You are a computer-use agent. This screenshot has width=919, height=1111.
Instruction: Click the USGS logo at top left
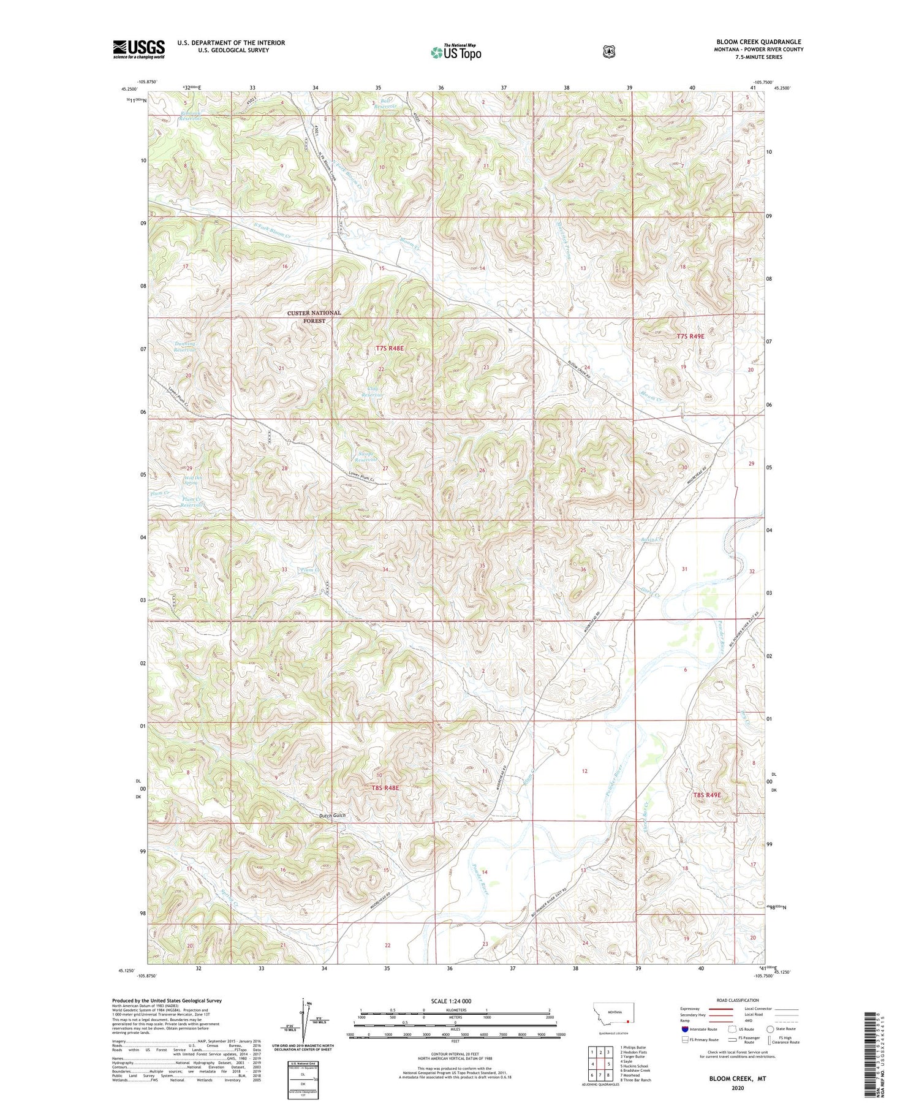[138, 49]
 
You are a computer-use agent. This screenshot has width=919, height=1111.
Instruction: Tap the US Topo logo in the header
[456, 52]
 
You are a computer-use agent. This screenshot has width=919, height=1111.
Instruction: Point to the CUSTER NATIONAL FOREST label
[314, 316]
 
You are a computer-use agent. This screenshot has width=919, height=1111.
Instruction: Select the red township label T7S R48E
[390, 348]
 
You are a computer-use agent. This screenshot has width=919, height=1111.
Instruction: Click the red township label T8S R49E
[707, 795]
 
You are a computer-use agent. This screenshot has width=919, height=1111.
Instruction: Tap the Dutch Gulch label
[333, 815]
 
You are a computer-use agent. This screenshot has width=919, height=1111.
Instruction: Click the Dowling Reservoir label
[184, 347]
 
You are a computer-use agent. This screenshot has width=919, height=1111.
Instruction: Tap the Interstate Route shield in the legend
[684, 1029]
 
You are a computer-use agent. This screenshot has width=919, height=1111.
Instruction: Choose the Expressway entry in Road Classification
[691, 1009]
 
